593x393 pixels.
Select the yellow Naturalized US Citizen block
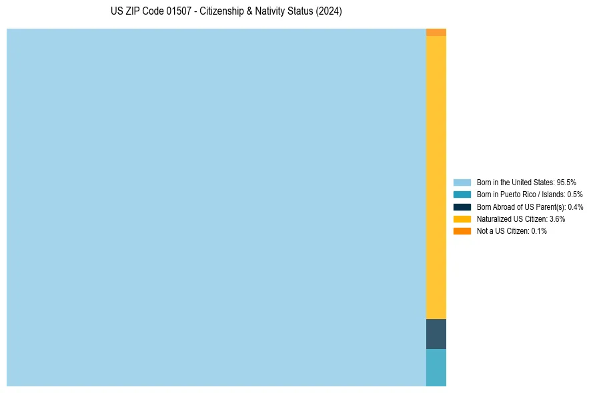(x=436, y=177)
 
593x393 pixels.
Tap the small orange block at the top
(x=436, y=32)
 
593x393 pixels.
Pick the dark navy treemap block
(x=436, y=334)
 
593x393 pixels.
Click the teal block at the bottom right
(x=436, y=368)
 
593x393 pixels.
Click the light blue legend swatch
(x=462, y=182)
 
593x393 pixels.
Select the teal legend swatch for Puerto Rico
(x=462, y=195)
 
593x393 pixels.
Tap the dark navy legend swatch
(x=462, y=206)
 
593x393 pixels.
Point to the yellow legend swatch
(x=462, y=218)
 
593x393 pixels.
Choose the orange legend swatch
(x=462, y=231)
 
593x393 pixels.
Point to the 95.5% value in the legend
(x=566, y=182)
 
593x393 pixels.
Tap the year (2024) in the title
(x=329, y=12)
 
